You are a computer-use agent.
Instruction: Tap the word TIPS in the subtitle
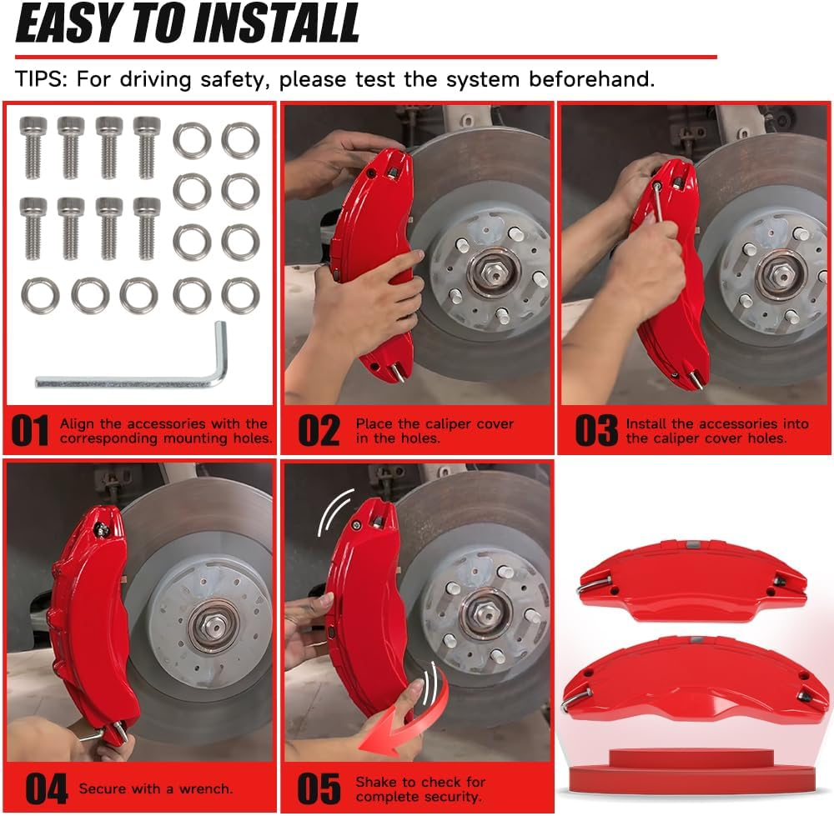41,80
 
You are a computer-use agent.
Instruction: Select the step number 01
30,431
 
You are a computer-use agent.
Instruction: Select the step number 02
319,431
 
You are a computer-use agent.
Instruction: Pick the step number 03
597,431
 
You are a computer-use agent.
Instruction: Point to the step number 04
46,788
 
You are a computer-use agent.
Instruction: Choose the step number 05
319,788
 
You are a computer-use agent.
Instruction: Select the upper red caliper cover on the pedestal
691,580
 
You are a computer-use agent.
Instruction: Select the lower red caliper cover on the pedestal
692,679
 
